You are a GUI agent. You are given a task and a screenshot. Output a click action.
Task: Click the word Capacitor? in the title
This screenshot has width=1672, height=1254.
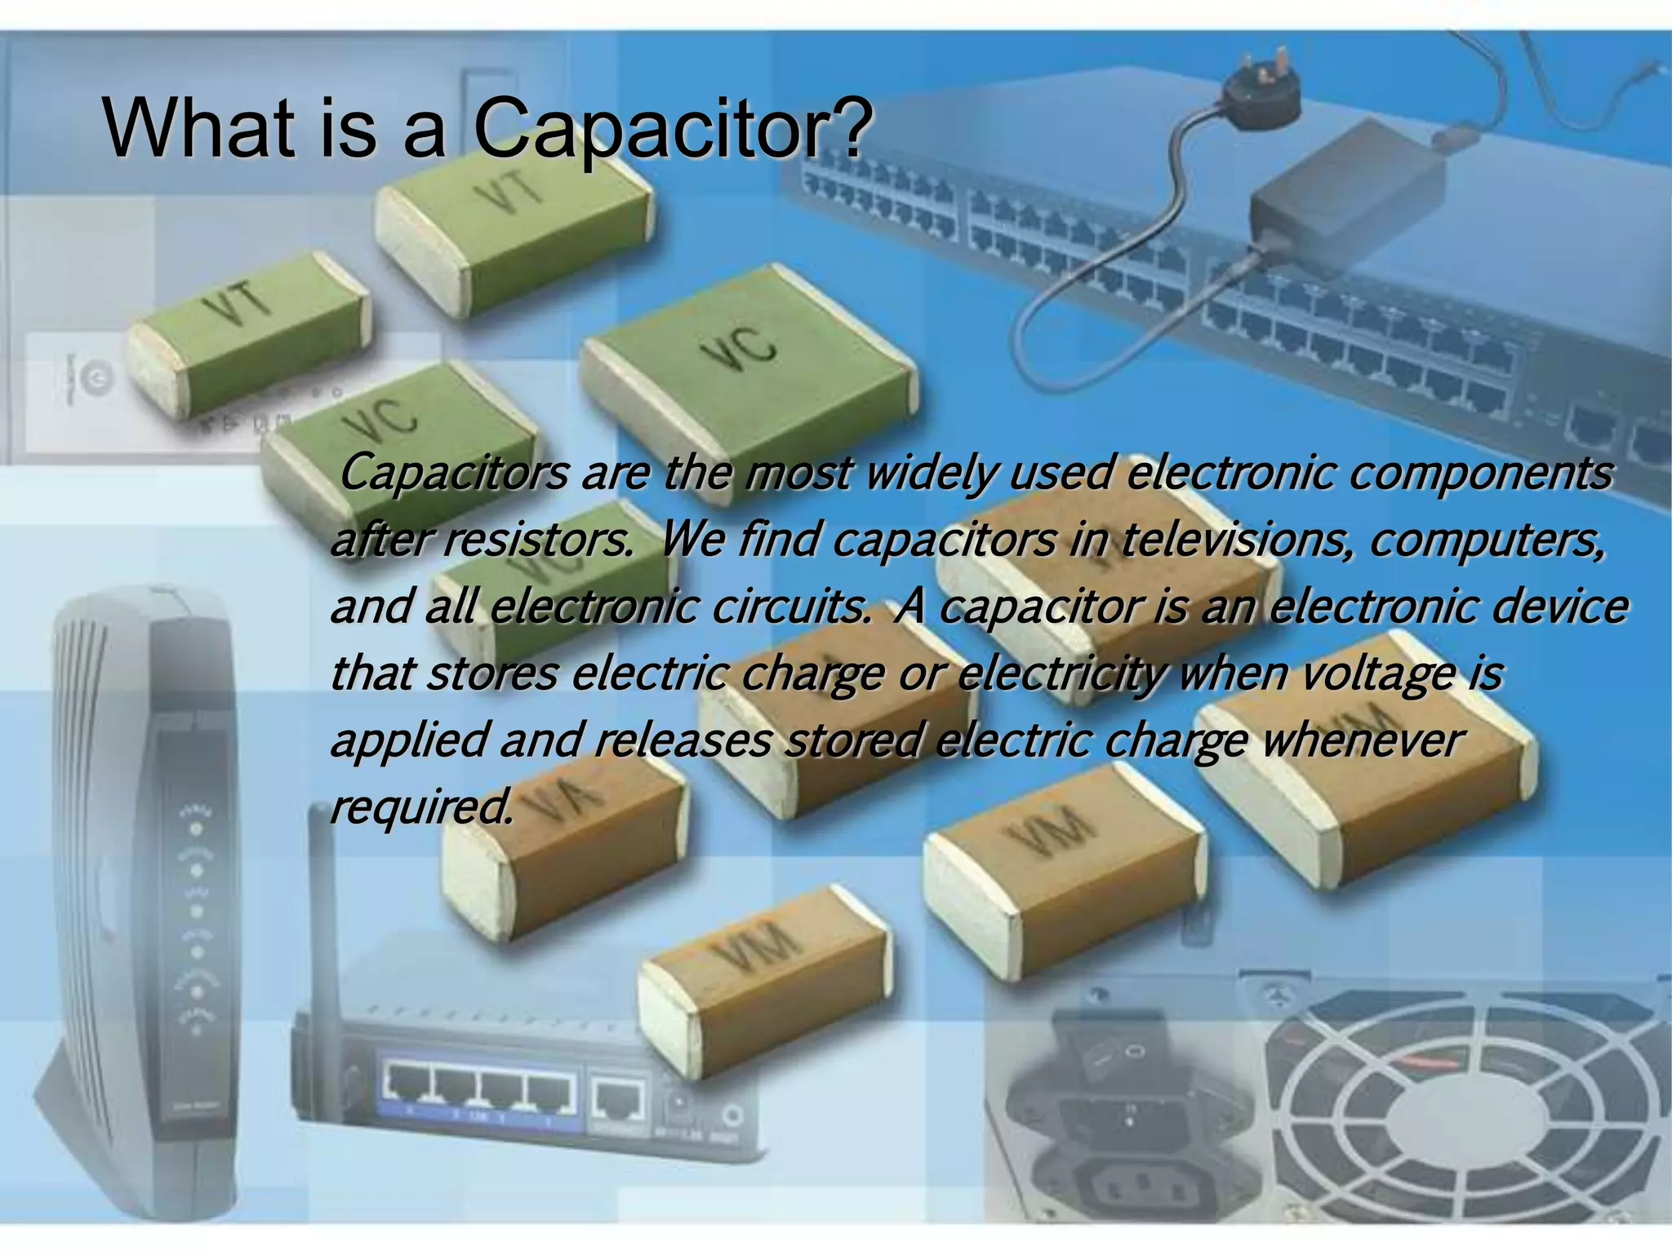(672, 129)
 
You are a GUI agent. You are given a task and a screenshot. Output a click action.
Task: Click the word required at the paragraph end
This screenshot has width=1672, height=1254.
(421, 807)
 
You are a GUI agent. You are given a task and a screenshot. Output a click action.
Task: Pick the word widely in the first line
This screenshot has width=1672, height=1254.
(931, 473)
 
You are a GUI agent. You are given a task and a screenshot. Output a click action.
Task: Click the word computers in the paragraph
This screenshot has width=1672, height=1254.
(1486, 540)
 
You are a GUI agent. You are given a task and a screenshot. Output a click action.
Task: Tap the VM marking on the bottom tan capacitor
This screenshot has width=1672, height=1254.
(755, 949)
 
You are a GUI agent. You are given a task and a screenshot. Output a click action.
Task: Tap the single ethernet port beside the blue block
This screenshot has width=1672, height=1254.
(620, 1099)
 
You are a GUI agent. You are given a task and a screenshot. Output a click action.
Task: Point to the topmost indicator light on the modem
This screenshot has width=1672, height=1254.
(196, 827)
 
